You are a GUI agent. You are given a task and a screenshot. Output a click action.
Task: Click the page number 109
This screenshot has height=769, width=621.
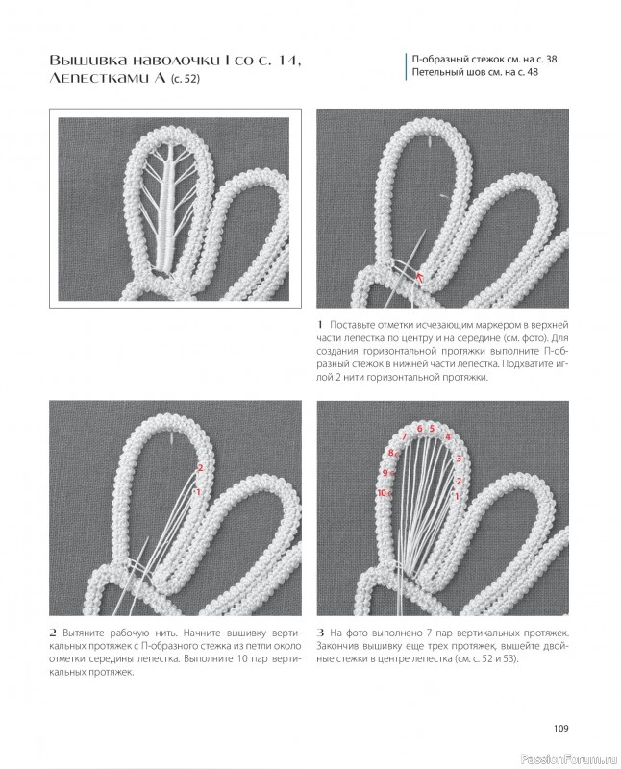pyautogui.click(x=560, y=728)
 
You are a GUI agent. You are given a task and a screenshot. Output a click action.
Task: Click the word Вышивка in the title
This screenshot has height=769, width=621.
pyautogui.click(x=84, y=61)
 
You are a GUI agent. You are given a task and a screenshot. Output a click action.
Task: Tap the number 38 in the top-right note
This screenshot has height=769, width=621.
pyautogui.click(x=552, y=60)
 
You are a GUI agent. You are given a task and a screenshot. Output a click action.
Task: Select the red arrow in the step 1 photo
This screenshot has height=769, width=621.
pyautogui.click(x=418, y=278)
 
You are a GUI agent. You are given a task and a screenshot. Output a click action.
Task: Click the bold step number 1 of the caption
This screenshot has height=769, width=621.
pyautogui.click(x=320, y=325)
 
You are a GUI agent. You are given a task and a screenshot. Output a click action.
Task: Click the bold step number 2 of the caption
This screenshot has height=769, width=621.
pyautogui.click(x=53, y=633)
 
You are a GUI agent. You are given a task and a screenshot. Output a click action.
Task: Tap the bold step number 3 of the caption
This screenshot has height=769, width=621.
pyautogui.click(x=320, y=633)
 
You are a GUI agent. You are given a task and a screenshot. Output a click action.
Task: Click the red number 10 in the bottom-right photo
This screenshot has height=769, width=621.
pyautogui.click(x=382, y=493)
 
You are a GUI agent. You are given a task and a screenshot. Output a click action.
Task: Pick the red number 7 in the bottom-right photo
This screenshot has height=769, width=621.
pyautogui.click(x=404, y=436)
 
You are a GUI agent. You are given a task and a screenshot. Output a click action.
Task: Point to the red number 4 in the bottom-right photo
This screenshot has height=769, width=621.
pyautogui.click(x=447, y=437)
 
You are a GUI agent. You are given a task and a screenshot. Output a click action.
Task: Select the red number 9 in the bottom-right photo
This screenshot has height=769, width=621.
pyautogui.click(x=385, y=473)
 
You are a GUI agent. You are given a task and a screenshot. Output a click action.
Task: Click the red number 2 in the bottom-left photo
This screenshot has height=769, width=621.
pyautogui.click(x=200, y=467)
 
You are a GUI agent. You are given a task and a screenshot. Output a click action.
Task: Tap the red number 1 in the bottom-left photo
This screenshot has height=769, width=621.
pyautogui.click(x=198, y=492)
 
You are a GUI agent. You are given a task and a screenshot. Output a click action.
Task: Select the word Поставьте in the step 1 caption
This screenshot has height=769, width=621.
pyautogui.click(x=351, y=325)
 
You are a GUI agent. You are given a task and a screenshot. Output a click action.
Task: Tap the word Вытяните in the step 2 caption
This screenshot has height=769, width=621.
pyautogui.click(x=82, y=633)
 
